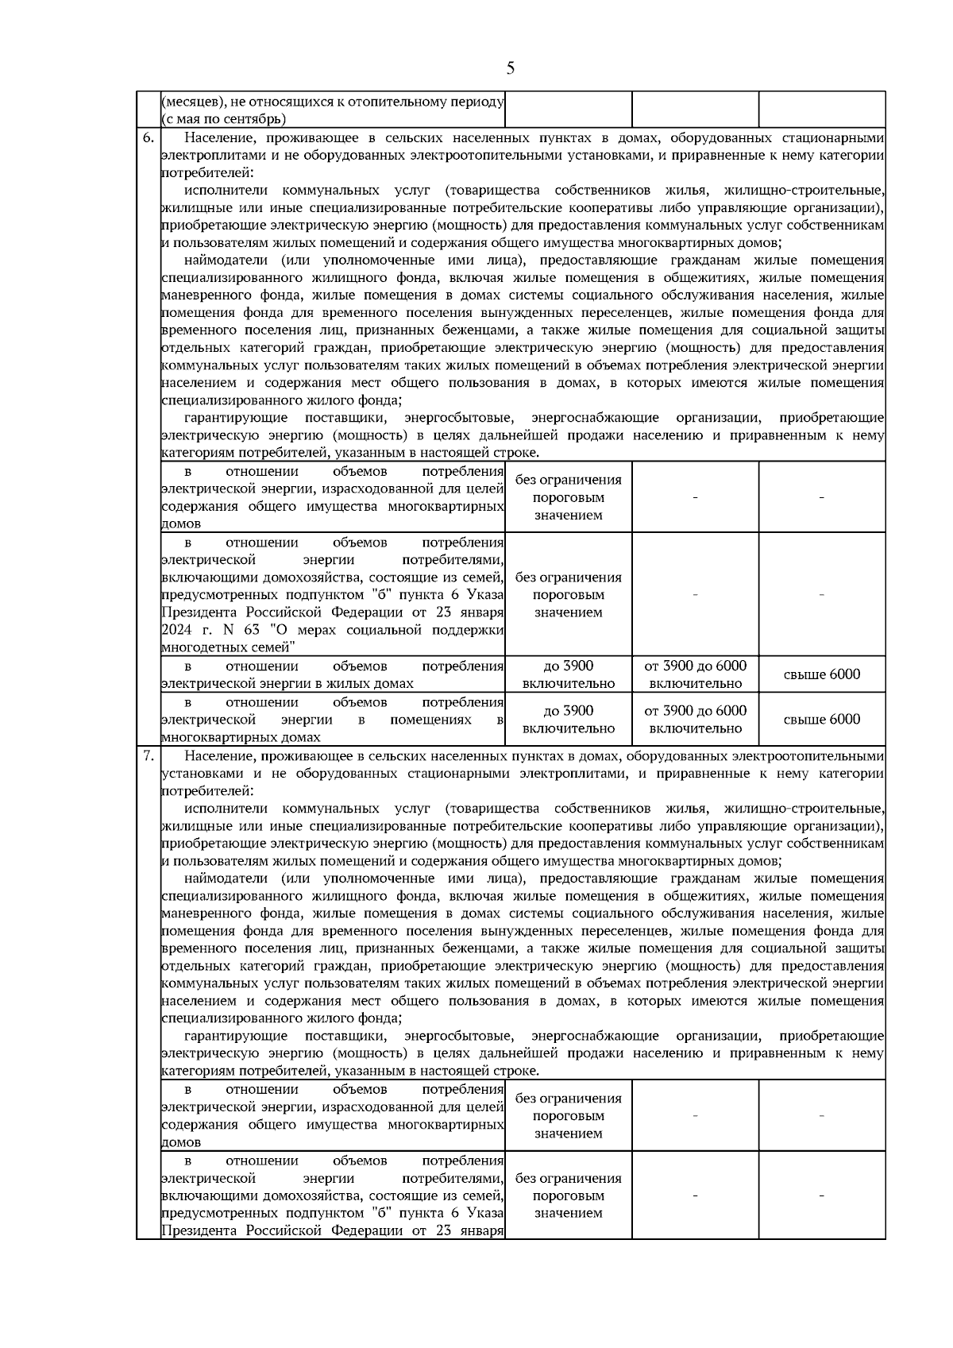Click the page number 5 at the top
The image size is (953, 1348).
pos(510,68)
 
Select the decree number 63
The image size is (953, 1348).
pos(250,630)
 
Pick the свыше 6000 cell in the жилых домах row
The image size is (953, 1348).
pos(822,674)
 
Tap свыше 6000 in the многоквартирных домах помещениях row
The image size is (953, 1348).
pos(822,720)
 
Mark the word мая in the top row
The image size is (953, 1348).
pos(187,120)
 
